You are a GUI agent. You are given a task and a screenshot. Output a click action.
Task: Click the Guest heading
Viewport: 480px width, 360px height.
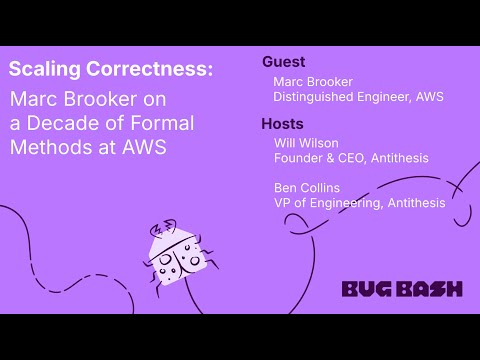284,62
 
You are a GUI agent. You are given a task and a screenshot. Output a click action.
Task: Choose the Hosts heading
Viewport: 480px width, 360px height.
284,125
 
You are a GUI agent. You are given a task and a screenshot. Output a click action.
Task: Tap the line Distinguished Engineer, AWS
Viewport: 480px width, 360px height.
358,97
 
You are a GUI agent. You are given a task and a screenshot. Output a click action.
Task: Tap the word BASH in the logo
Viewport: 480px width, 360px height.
426,289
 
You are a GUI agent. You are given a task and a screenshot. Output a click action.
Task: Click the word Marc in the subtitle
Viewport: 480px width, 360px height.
36,100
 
